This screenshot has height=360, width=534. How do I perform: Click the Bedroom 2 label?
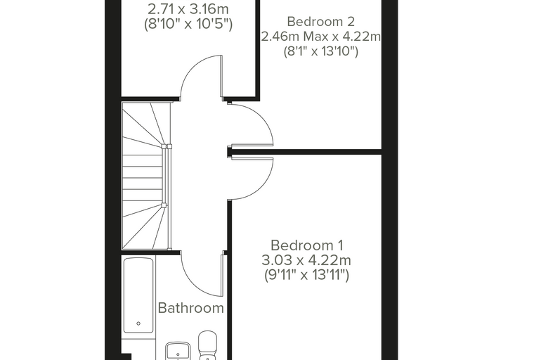[321, 22]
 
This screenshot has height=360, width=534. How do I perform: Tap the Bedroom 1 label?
[307, 245]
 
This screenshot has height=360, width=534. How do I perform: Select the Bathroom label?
[190, 308]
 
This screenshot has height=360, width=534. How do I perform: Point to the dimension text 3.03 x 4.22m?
[306, 260]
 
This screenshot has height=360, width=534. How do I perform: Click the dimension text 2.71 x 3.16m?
[188, 8]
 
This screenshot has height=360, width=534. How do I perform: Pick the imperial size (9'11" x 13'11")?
[307, 275]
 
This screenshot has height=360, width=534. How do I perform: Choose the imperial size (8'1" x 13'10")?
[321, 51]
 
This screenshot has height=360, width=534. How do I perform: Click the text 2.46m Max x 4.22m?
[321, 36]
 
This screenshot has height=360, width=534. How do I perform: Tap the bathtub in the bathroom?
[138, 295]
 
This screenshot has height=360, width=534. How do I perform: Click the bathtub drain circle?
[138, 323]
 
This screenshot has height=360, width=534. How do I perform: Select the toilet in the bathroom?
[208, 345]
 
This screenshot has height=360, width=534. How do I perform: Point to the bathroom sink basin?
[178, 352]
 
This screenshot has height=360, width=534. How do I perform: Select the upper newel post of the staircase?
[164, 146]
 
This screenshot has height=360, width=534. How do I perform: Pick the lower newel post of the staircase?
[164, 205]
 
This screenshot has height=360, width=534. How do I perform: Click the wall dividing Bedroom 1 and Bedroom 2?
[304, 152]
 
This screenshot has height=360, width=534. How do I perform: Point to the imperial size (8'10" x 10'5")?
[188, 24]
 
